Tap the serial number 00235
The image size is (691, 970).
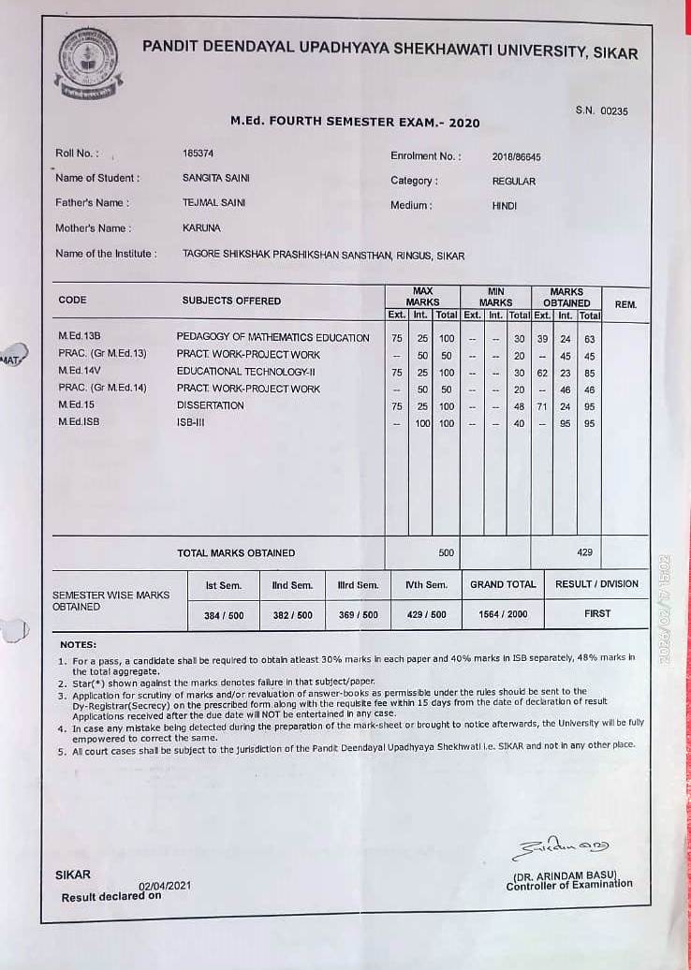614,110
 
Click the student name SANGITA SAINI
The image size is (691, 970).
215,178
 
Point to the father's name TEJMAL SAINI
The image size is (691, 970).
213,202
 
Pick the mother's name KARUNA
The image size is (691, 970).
201,228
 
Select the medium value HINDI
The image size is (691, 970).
504,206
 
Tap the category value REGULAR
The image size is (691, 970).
514,182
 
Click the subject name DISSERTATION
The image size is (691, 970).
210,406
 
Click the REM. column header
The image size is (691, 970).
625,304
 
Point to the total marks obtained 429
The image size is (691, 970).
584,552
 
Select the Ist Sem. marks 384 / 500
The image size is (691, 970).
224,615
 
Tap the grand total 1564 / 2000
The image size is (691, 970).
503,614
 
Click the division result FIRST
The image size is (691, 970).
596,614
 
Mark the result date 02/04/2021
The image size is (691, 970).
165,885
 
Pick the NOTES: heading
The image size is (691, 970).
78,645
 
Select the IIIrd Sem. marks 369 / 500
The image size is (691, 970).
358,615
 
